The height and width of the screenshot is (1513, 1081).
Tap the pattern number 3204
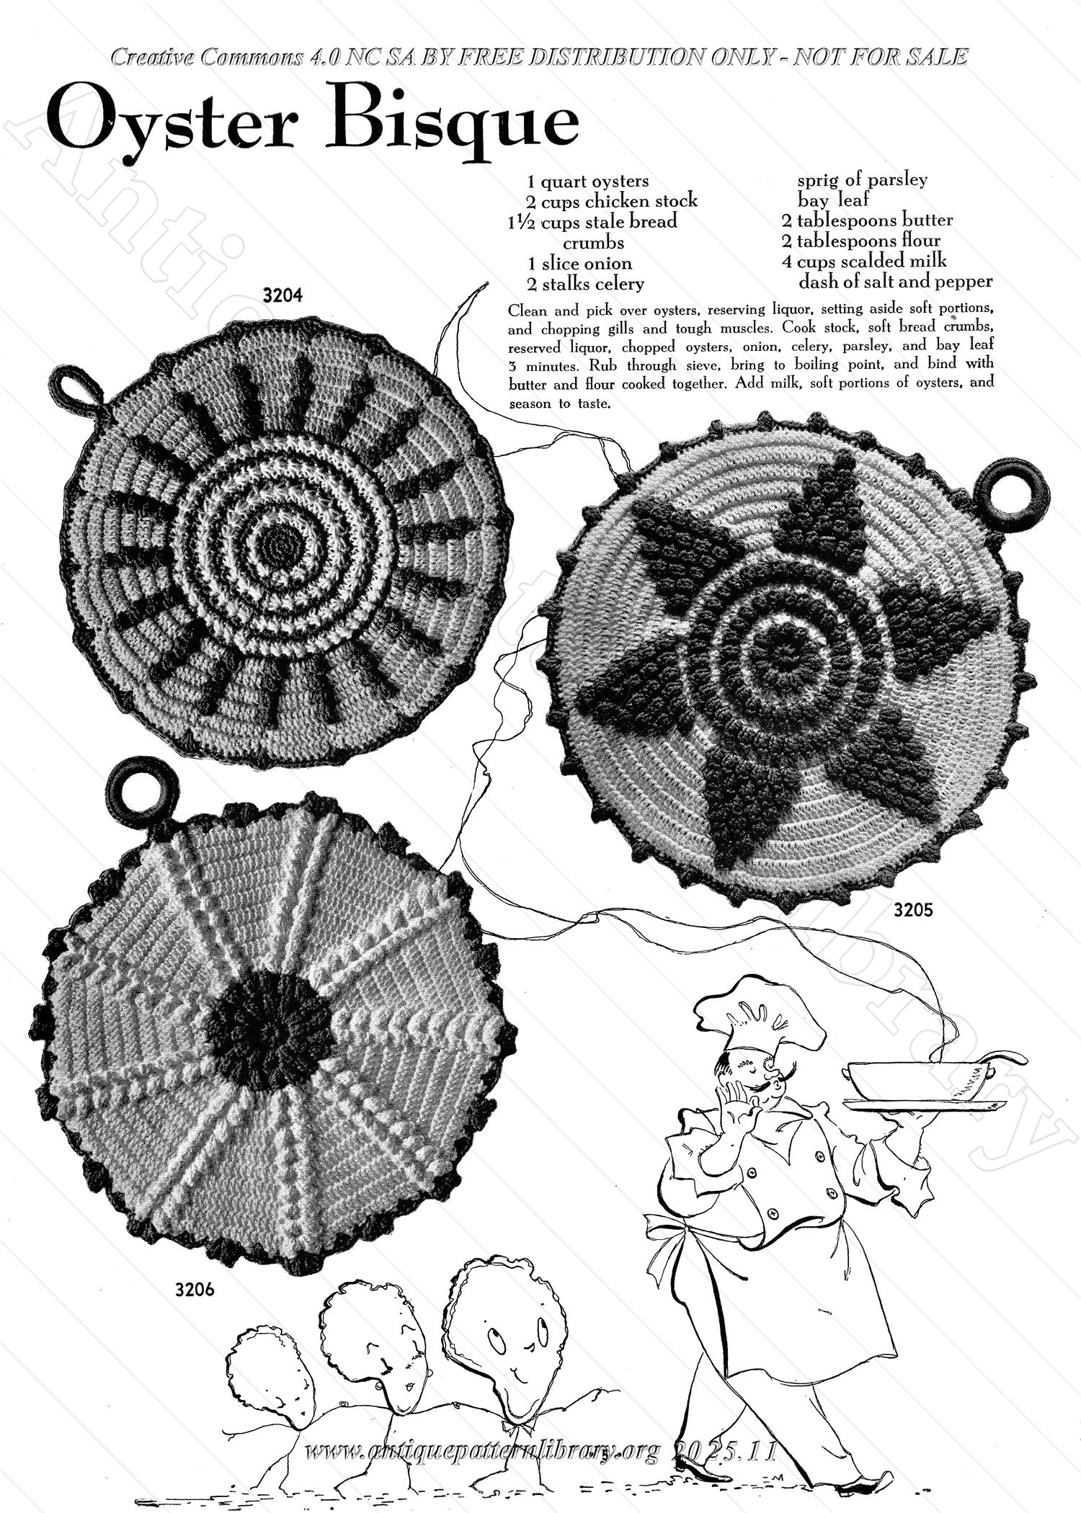point(282,295)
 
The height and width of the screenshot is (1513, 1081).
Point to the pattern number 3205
point(913,910)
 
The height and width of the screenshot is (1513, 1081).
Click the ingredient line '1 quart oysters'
point(588,182)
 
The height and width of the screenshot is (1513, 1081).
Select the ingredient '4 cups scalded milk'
point(865,260)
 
